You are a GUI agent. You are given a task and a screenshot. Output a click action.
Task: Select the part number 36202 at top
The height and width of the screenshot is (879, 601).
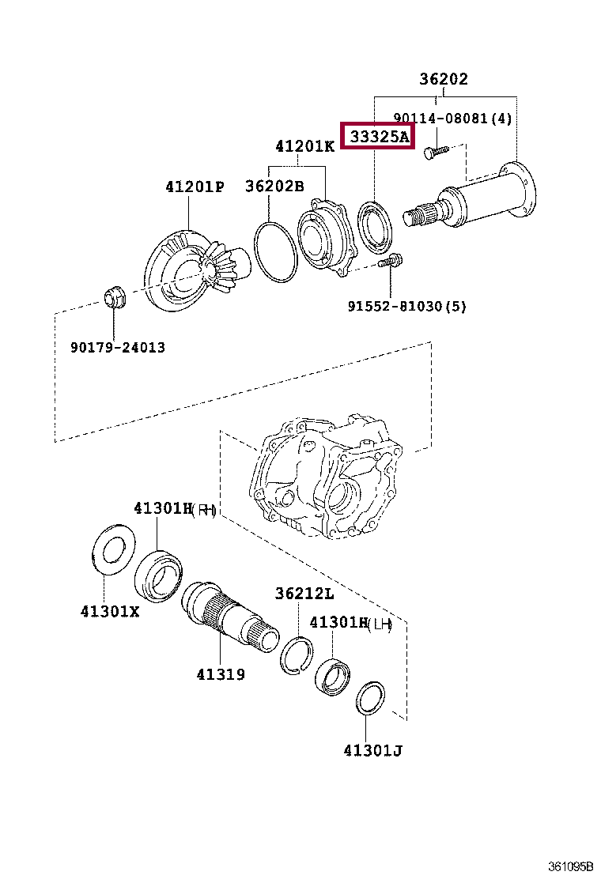tap(443, 79)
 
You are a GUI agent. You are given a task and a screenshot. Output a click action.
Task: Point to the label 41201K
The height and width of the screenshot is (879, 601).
tap(304, 146)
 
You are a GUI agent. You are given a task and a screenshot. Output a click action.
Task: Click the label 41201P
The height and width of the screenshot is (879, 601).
tap(195, 187)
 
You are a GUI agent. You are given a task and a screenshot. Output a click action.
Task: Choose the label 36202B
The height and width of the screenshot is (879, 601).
tap(274, 187)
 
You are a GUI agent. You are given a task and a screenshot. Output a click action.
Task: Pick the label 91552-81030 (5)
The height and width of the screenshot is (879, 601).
tap(406, 306)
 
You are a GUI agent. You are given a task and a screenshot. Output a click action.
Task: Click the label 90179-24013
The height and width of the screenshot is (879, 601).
tap(117, 347)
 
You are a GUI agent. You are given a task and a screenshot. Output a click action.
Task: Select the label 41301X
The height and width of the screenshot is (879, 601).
tap(109, 611)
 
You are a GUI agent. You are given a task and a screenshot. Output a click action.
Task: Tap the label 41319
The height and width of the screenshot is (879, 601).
tap(221, 674)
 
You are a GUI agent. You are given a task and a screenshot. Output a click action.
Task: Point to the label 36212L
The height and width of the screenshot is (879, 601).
tap(304, 594)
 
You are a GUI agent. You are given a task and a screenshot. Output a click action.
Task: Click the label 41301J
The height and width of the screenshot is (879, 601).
tap(372, 750)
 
